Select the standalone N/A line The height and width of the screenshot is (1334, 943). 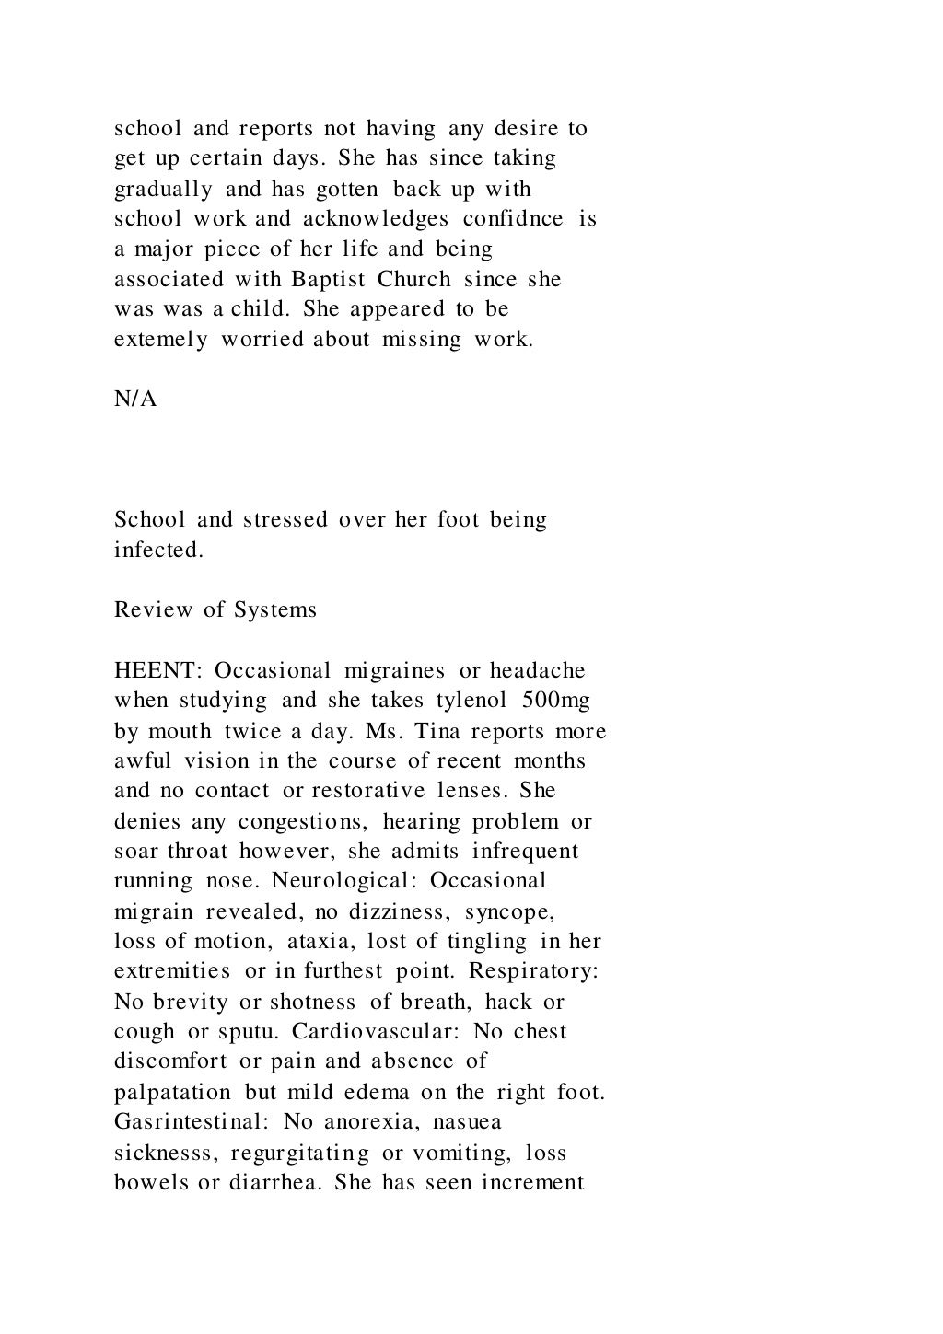135,400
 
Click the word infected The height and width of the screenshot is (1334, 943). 158,551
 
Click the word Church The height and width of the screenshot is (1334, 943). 413,279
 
